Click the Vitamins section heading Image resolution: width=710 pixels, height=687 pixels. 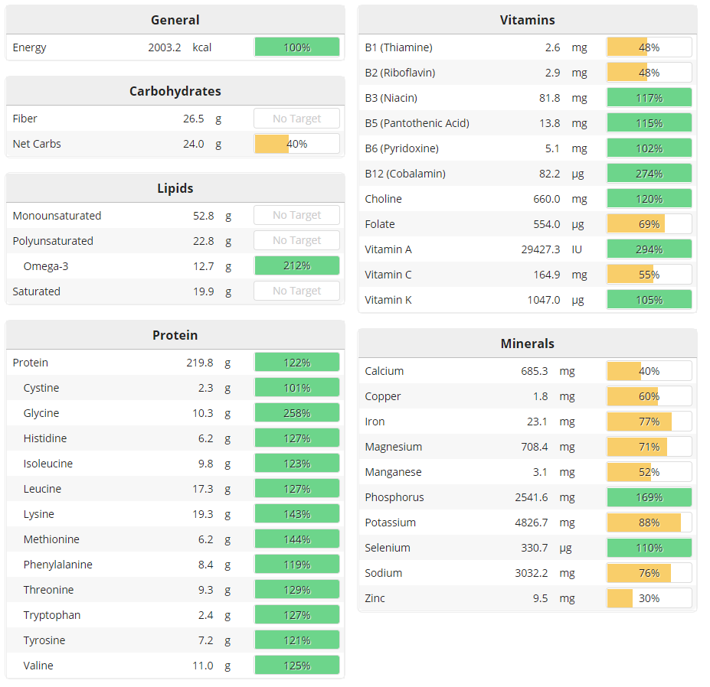[527, 20]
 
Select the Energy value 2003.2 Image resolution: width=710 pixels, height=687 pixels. [165, 47]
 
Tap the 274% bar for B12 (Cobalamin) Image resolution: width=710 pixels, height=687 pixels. [649, 174]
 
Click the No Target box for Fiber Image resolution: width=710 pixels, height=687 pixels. [296, 119]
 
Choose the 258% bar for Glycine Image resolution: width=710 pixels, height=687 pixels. [296, 413]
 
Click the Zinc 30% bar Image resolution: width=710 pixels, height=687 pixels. [649, 598]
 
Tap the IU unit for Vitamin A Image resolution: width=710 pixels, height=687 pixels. [577, 249]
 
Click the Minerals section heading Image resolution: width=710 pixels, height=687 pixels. [527, 343]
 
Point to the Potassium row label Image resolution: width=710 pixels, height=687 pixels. [390, 523]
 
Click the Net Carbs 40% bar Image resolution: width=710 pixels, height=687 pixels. [296, 144]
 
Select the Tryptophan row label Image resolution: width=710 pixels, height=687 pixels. [52, 615]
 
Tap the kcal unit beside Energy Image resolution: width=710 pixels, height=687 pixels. [201, 47]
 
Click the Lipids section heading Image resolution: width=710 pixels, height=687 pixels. [175, 188]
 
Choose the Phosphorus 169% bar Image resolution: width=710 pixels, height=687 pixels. [649, 497]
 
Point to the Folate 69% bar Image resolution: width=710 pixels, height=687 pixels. [649, 224]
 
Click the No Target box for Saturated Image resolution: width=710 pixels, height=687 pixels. [296, 291]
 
